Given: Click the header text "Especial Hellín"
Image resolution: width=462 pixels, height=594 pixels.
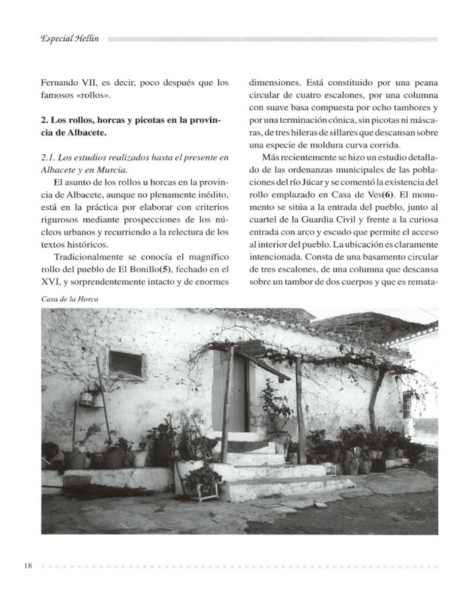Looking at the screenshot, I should click(x=69, y=39).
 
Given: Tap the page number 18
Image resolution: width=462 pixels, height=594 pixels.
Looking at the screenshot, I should click(x=28, y=566).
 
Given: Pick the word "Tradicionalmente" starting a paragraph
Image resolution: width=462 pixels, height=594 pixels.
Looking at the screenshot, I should click(x=90, y=256).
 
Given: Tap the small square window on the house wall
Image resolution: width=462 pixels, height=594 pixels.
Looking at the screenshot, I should click(x=126, y=364).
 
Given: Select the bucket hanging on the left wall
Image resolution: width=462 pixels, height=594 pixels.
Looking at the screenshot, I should click(x=86, y=399).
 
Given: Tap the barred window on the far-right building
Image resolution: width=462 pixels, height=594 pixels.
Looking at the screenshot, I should click(x=407, y=404).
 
